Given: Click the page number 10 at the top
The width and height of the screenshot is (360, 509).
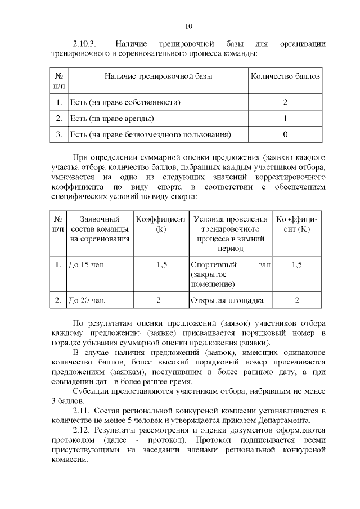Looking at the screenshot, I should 188,26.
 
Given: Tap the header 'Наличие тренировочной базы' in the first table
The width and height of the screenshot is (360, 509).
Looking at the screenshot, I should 158,75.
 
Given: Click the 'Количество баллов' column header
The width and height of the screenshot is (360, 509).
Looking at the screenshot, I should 285,75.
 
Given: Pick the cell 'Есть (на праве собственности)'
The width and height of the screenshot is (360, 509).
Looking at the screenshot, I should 124,102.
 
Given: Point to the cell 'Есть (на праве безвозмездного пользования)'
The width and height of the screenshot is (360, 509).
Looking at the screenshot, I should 150,134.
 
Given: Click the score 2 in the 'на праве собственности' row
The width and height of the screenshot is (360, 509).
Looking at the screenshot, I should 285,102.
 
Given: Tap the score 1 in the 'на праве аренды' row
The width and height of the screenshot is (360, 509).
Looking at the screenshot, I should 285,119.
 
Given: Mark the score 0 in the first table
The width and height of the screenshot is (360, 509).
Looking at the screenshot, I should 285,134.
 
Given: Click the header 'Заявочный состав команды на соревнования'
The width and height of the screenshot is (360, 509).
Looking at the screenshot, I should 100,228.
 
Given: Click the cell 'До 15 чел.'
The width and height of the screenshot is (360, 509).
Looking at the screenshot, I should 87,264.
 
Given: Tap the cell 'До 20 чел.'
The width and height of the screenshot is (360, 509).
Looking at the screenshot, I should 87,300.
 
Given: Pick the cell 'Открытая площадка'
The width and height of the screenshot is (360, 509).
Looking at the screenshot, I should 227,300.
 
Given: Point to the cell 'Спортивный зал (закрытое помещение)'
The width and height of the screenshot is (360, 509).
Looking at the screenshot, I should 230,274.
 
